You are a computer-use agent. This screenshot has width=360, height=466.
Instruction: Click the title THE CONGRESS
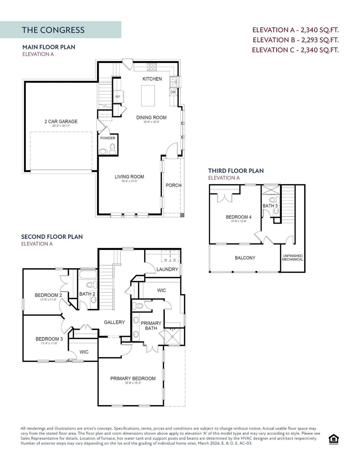[x=53, y=30]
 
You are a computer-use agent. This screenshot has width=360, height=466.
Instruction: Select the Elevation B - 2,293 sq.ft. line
[x=295, y=40]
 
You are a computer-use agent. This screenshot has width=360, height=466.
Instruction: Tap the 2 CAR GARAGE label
[x=61, y=121]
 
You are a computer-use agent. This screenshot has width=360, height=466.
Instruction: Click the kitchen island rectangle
[x=148, y=96]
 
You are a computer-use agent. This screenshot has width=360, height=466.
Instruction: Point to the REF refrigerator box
[x=118, y=97]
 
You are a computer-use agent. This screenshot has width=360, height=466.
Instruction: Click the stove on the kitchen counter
[x=152, y=67]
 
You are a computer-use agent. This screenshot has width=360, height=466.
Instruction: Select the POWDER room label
[x=108, y=138]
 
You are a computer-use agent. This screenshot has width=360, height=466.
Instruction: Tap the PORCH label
[x=173, y=185]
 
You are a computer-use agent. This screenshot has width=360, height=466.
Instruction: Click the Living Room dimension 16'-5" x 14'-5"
[x=130, y=181]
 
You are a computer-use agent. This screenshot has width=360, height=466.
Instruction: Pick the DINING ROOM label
[x=151, y=117]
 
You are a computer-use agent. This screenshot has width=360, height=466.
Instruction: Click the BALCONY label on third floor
[x=245, y=258]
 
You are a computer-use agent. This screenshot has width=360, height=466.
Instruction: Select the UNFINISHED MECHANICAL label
[x=292, y=258]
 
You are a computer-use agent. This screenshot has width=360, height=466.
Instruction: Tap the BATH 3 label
[x=270, y=206]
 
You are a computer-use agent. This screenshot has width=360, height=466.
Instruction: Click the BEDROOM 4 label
[x=238, y=217]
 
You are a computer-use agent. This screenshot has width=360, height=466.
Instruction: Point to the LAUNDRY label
[x=167, y=269]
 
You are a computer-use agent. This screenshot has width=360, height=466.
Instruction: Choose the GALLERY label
[x=114, y=322]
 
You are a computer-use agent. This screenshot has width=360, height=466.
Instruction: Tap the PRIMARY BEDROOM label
[x=133, y=378]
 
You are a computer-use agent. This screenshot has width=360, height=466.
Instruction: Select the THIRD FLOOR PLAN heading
[x=236, y=171]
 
